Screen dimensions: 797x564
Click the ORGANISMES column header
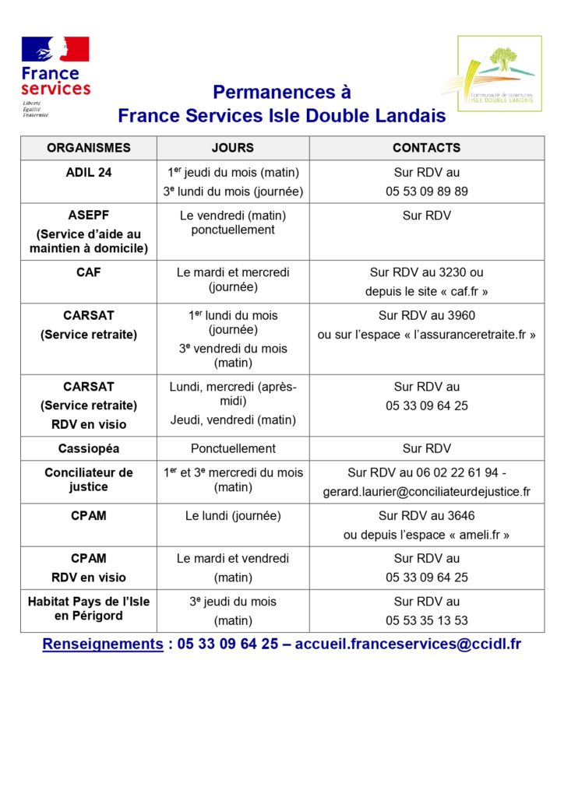pos(89,148)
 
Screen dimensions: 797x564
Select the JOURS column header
pos(233,148)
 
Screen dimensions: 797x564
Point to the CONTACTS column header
pos(426,148)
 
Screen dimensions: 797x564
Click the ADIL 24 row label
pos(89,173)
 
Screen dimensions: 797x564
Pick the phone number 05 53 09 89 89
pos(427,191)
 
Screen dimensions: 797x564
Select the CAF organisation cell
pos(89,273)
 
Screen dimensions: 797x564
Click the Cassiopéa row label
pos(89,448)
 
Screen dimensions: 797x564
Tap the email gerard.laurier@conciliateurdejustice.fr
pos(427,492)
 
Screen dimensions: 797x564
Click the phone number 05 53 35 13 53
pos(427,621)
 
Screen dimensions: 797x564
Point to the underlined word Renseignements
pos(103,644)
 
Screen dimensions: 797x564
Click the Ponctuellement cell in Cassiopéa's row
pos(233,448)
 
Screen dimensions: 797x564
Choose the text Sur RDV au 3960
pos(427,316)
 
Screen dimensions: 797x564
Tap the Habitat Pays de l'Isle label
pos(89,602)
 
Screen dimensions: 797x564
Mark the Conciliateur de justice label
pos(89,479)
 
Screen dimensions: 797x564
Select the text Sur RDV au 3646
pos(427,516)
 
